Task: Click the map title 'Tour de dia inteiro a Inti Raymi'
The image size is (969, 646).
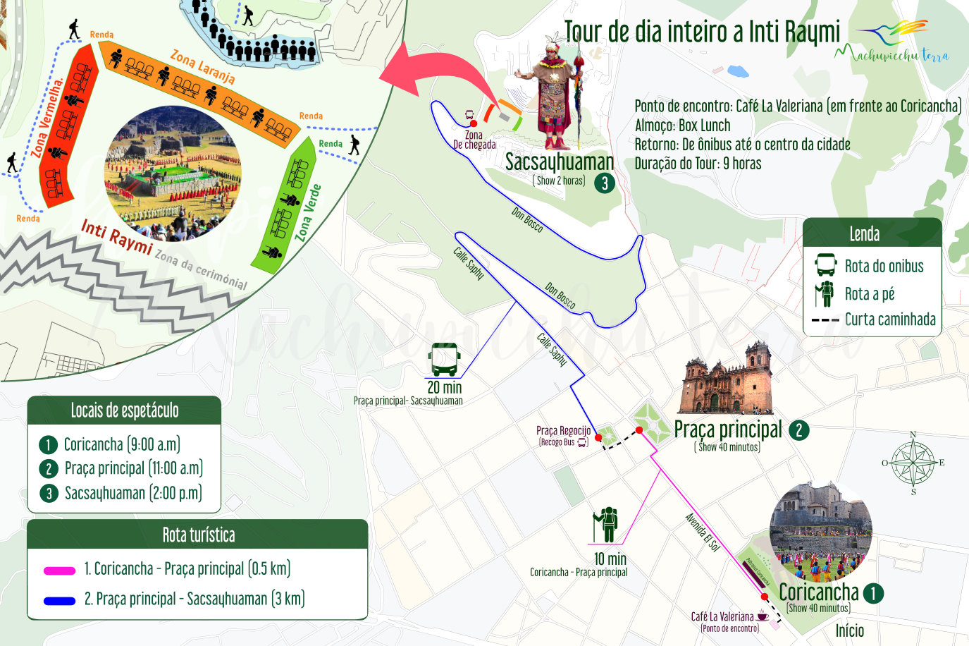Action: (702, 32)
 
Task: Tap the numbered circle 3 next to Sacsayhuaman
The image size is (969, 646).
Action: (604, 183)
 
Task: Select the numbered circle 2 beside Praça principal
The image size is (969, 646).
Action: (798, 430)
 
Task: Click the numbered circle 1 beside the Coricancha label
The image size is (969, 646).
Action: (872, 593)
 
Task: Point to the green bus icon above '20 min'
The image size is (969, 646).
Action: (445, 360)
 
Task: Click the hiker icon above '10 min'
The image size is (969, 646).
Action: (605, 525)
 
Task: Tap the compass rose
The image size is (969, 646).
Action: (913, 463)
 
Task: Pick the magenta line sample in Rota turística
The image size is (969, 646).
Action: (59, 570)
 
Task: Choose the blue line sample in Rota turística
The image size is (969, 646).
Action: (59, 601)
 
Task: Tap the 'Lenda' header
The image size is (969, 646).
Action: (864, 234)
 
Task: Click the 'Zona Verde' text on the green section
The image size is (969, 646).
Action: (309, 212)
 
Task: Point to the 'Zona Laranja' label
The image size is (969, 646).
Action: (202, 66)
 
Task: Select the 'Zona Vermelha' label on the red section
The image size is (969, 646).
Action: (47, 117)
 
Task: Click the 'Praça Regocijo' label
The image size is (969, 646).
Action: (563, 431)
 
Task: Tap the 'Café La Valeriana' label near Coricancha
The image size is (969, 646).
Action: (722, 616)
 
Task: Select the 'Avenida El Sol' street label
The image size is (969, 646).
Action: (703, 532)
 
